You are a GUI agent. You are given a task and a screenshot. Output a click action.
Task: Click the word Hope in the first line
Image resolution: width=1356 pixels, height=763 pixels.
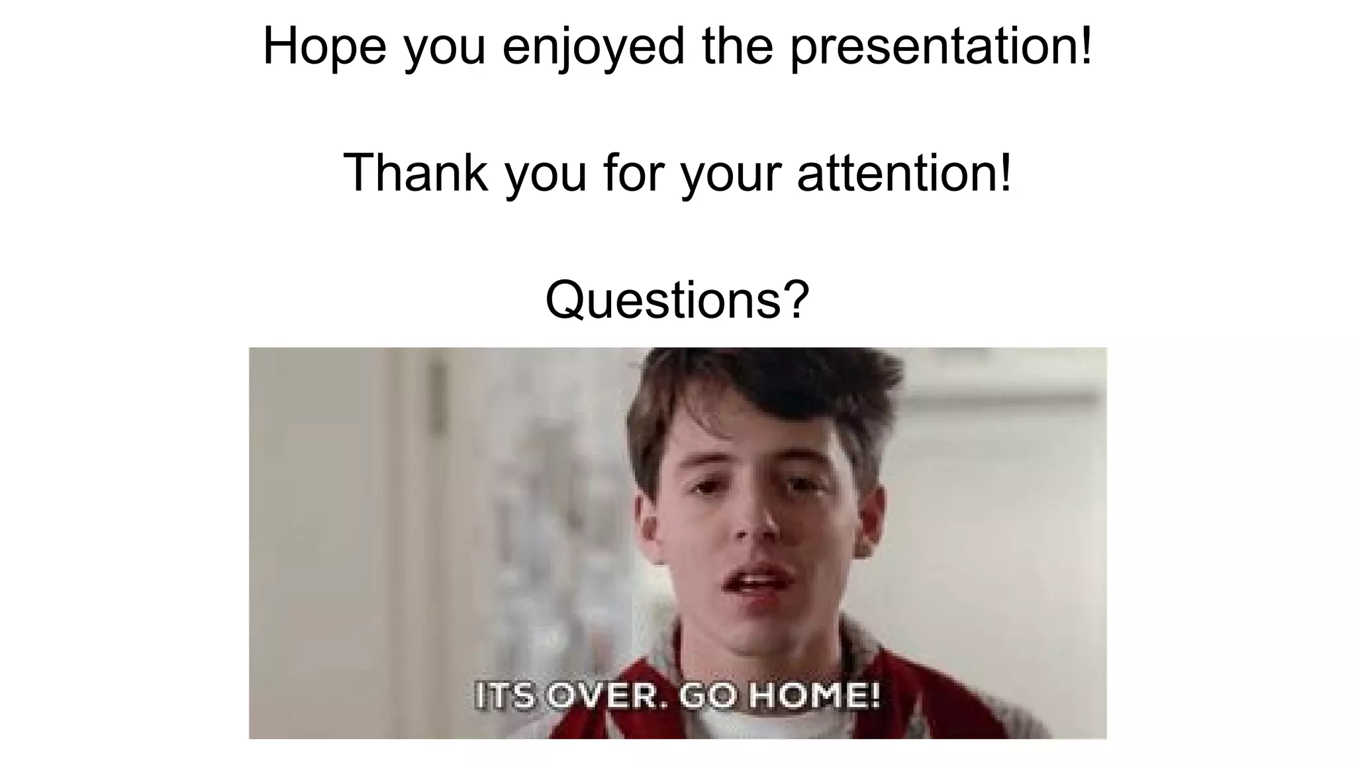(324, 46)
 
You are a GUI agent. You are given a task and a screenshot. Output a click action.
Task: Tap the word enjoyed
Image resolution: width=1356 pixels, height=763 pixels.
(593, 46)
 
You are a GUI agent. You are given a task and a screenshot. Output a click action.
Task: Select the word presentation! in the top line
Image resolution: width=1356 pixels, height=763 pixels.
(941, 46)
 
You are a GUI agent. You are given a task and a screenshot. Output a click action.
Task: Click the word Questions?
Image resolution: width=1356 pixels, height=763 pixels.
(677, 299)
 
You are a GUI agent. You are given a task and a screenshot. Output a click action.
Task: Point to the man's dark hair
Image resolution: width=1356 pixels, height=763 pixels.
(761, 391)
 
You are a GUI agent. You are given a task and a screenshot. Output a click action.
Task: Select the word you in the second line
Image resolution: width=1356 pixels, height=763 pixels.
(546, 174)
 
